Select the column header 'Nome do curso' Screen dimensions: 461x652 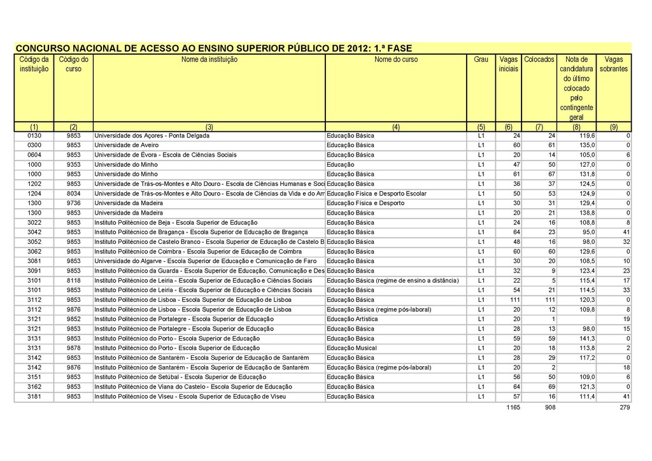(x=396, y=59)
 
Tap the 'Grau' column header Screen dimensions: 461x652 (x=481, y=59)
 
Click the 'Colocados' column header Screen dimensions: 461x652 (x=539, y=59)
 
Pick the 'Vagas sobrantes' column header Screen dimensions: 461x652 (x=614, y=64)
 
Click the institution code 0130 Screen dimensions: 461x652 (x=34, y=136)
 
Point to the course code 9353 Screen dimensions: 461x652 (x=74, y=164)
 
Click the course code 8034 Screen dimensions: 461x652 (x=74, y=194)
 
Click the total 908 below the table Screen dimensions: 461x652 (x=546, y=408)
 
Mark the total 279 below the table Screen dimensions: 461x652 (x=624, y=408)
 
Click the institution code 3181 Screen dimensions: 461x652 (x=34, y=397)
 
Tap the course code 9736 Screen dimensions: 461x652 (x=74, y=203)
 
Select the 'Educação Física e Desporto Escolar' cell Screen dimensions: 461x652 (x=376, y=194)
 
